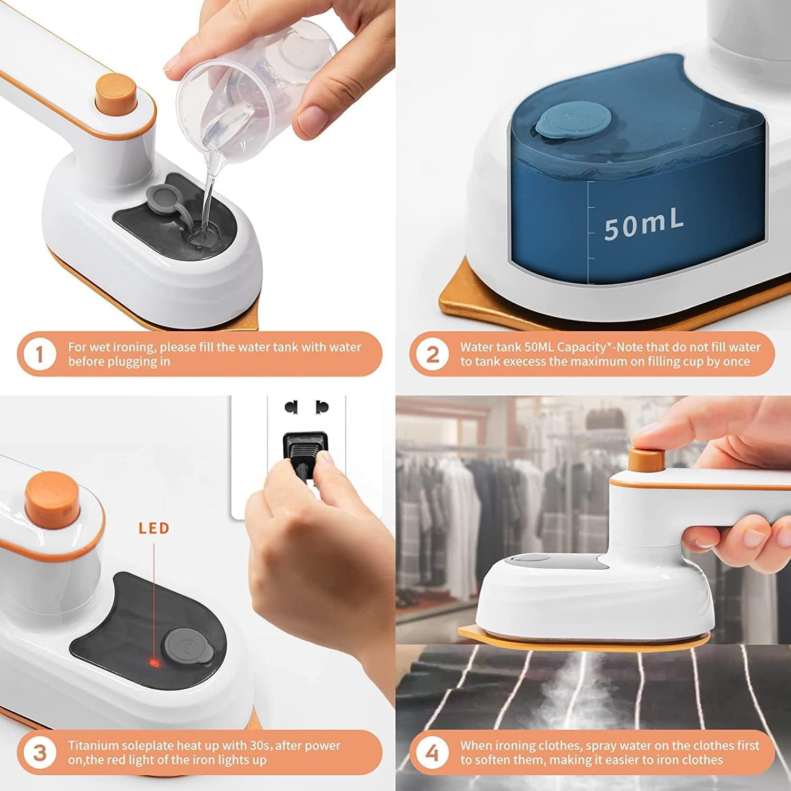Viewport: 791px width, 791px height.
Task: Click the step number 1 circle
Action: pyautogui.click(x=39, y=354)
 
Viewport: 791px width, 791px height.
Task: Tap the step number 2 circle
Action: pyautogui.click(x=432, y=354)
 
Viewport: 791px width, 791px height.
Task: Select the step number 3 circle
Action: pyautogui.click(x=39, y=753)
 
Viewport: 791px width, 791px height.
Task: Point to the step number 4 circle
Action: pyautogui.click(x=432, y=753)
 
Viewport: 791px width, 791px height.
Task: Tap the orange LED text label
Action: pyautogui.click(x=154, y=528)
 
